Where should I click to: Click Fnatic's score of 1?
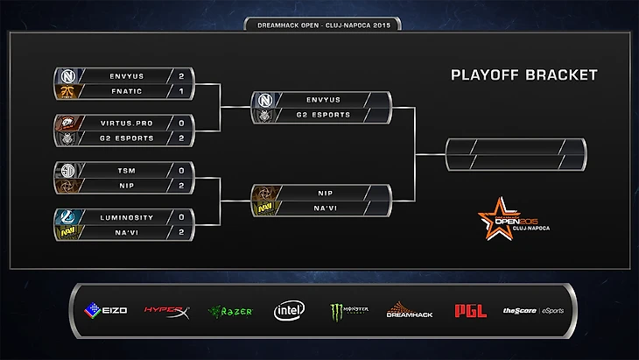[x=181, y=91]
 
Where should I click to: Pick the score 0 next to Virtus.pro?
[x=181, y=124]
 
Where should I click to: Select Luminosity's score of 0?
[x=181, y=215]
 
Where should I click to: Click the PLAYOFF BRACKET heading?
[x=523, y=75]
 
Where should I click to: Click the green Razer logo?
[x=229, y=310]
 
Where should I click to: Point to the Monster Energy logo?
[x=348, y=310]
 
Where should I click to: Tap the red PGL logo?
[x=470, y=310]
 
